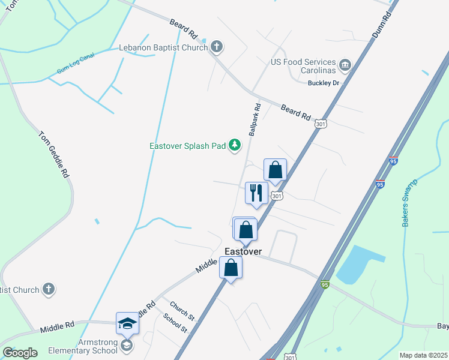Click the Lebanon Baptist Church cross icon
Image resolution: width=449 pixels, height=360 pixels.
[x=217, y=46]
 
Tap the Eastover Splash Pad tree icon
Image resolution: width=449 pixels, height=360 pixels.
[x=235, y=145]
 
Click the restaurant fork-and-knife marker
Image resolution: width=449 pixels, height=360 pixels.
[x=257, y=193]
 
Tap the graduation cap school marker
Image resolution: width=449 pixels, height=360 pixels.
[x=127, y=324]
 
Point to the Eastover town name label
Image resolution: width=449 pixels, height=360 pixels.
[x=243, y=251]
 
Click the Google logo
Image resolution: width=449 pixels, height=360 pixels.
[x=20, y=353]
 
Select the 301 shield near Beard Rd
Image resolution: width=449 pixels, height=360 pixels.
[x=320, y=124]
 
